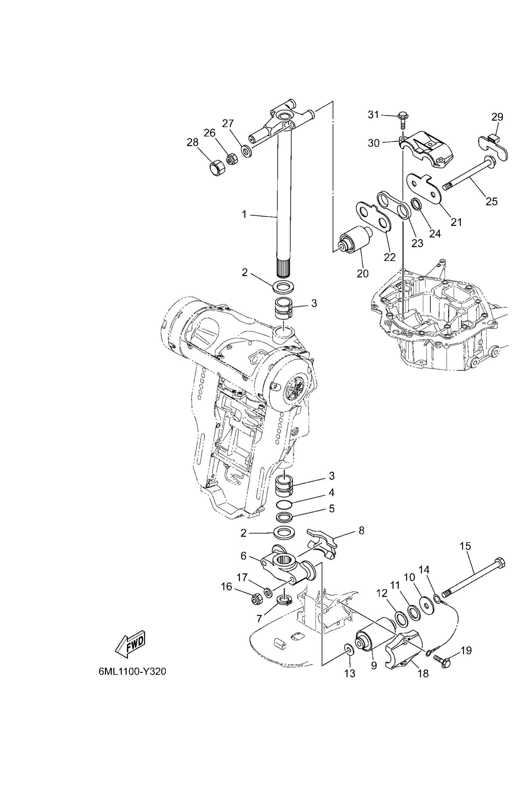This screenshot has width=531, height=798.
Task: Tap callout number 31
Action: (x=373, y=115)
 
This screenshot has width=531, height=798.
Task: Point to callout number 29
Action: (x=497, y=117)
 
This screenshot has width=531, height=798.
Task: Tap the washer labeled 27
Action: (x=247, y=151)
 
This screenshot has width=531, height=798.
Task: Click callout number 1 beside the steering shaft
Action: (x=244, y=215)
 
